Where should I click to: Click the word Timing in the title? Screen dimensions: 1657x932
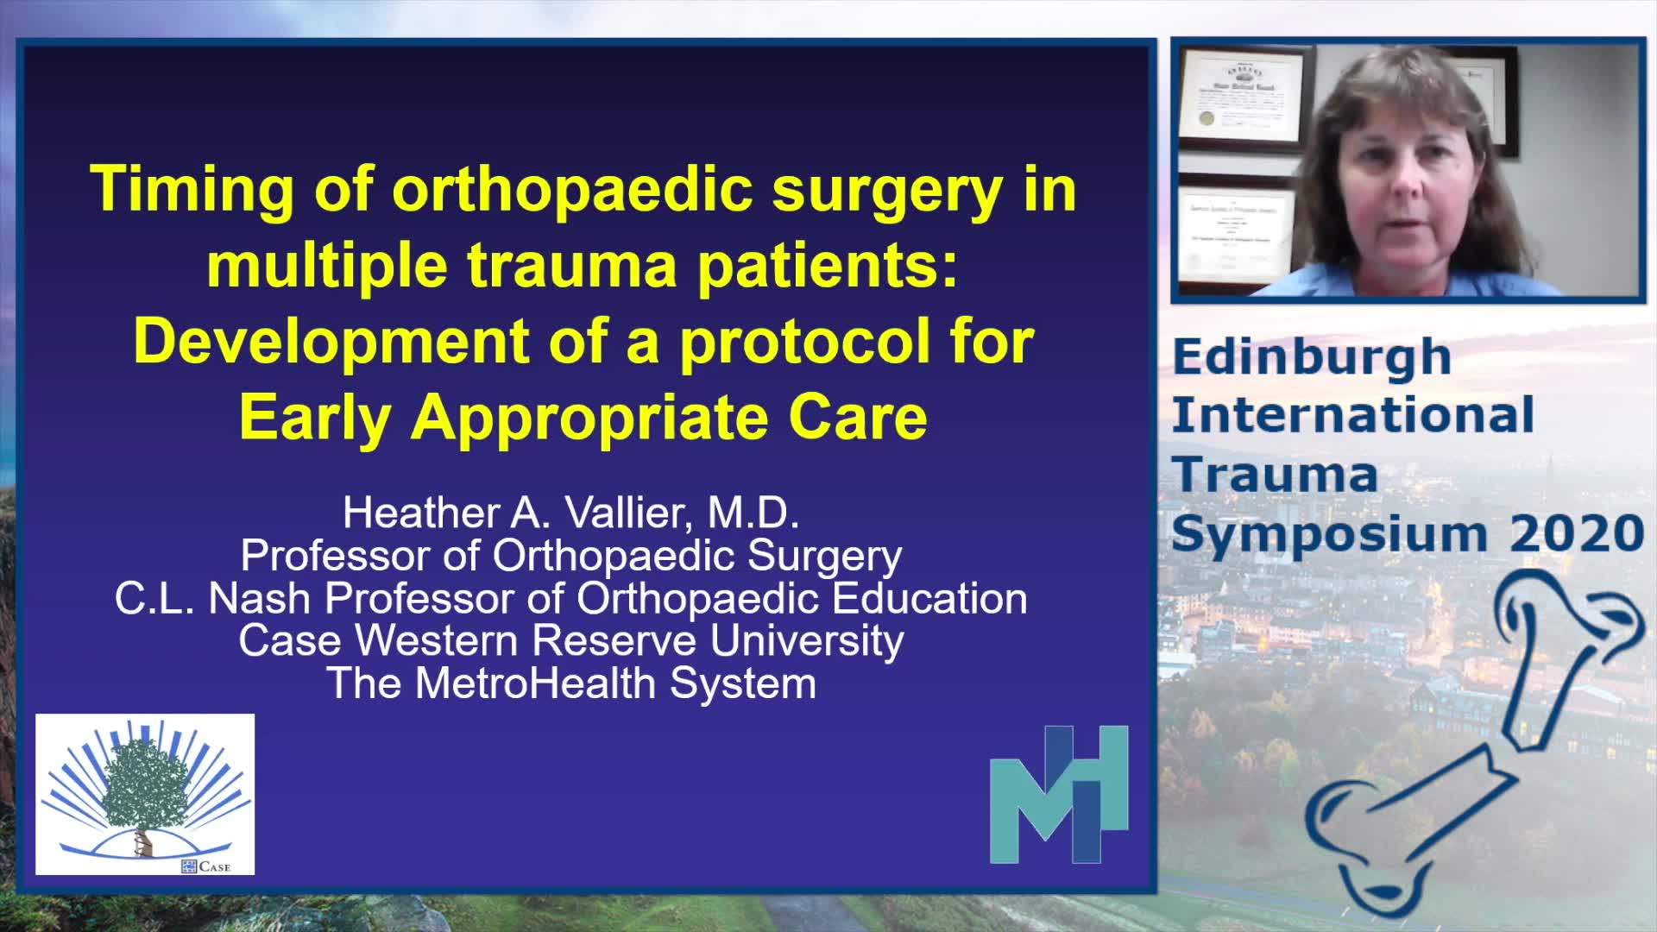tap(191, 190)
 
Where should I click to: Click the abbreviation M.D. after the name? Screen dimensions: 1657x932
tap(753, 513)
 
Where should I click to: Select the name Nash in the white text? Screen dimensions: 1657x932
tap(260, 598)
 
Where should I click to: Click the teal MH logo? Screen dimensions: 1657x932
tap(1059, 795)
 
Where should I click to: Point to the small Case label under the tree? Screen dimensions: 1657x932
tap(206, 866)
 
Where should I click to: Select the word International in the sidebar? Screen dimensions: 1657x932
tap(1352, 415)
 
